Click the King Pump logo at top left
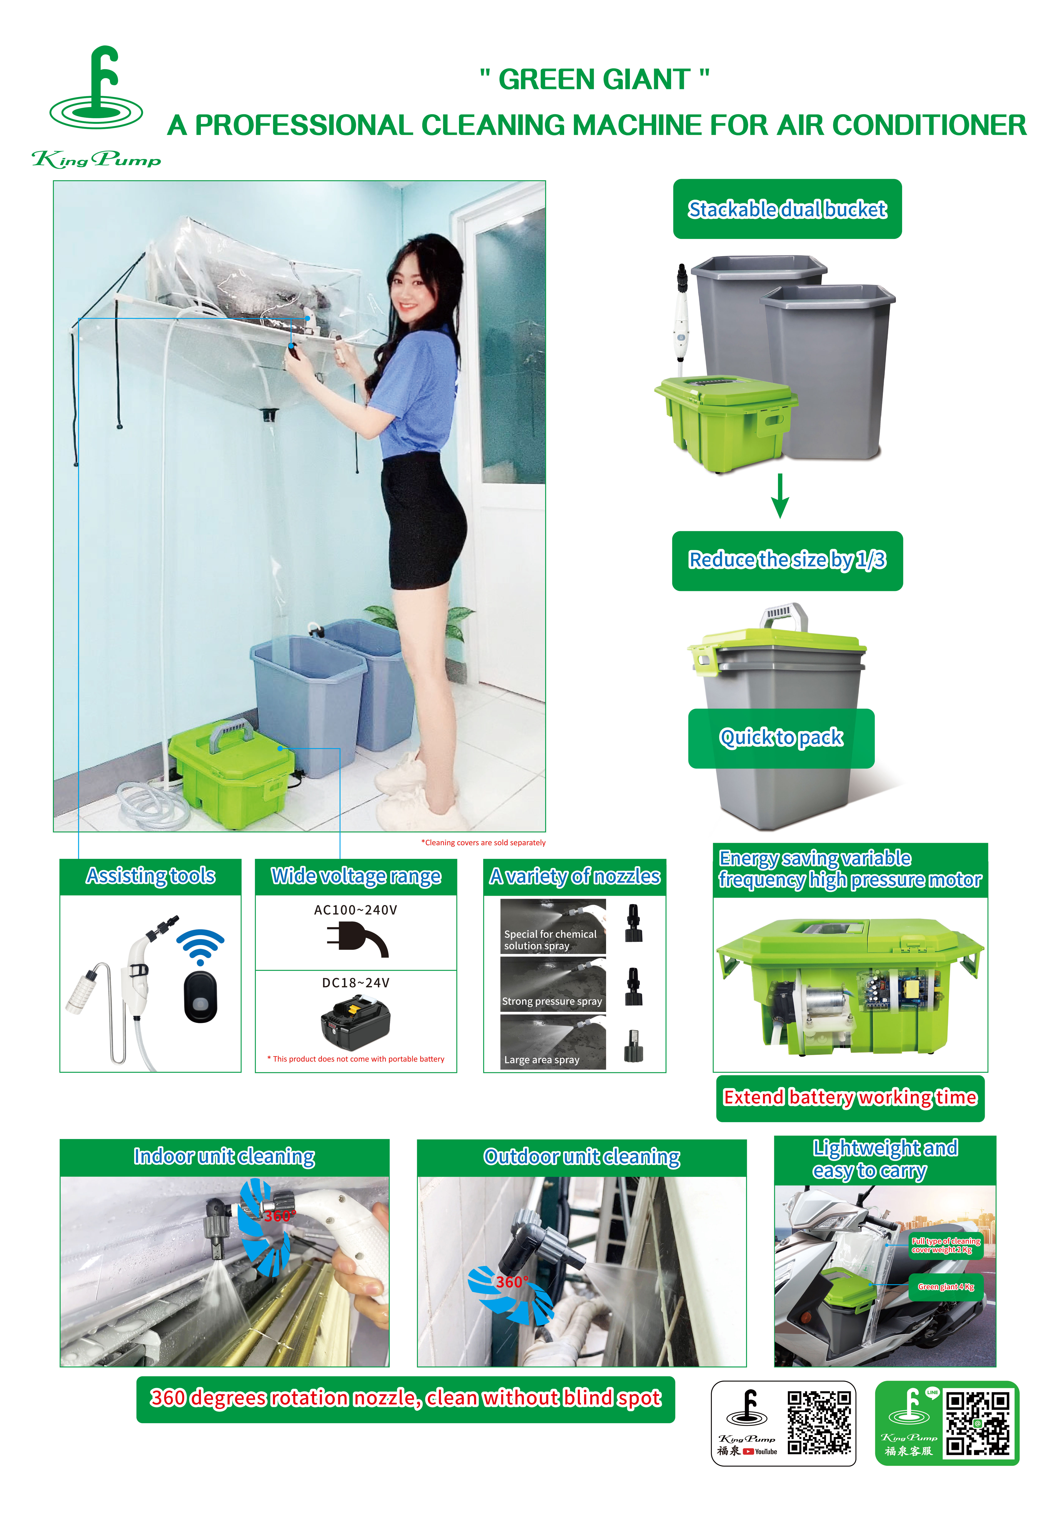tap(97, 106)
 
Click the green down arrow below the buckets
tap(780, 496)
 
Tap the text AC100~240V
tap(356, 910)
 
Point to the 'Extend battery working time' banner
tap(850, 1097)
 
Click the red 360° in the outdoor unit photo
tap(512, 1282)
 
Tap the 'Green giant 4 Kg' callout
tap(945, 1287)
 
